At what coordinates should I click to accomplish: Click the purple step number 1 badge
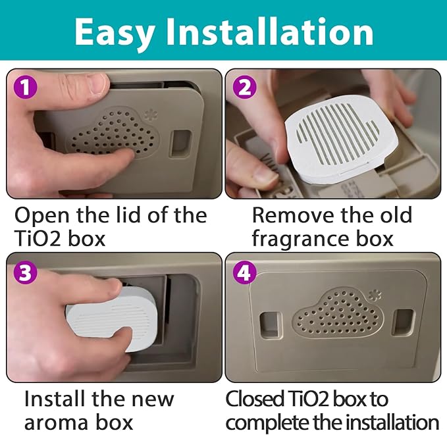pos(26,88)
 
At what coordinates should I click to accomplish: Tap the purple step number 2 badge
pos(245,88)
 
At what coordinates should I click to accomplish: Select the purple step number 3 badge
pos(26,272)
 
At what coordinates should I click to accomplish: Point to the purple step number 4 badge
pos(245,272)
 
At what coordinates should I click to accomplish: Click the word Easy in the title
pos(115,32)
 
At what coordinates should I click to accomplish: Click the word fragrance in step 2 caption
pos(302,240)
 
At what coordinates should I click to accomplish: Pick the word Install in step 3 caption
pos(56,399)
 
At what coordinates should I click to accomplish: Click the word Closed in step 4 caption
pos(255,399)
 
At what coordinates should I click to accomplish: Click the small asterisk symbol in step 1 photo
pos(149,115)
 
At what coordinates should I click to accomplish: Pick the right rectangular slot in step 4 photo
pos(403,322)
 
